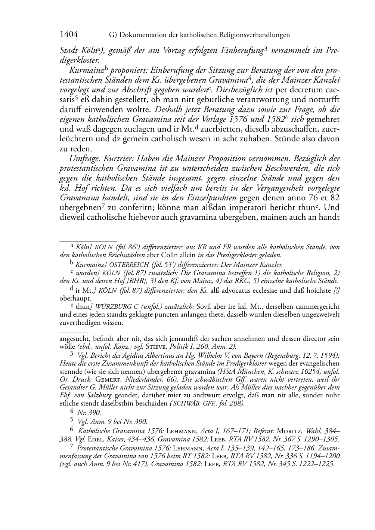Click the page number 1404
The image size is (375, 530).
click(x=69, y=35)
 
